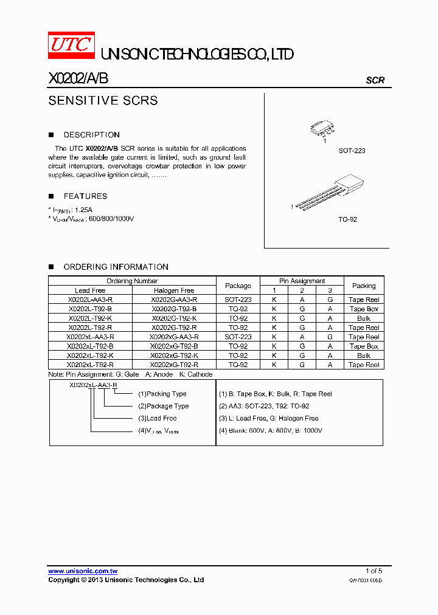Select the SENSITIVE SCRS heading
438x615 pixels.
click(103, 101)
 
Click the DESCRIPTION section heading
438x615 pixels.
click(91, 135)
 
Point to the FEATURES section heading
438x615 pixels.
click(85, 196)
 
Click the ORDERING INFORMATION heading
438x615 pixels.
click(116, 267)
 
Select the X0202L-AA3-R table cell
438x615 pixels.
click(90, 300)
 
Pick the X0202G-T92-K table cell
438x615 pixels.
click(174, 318)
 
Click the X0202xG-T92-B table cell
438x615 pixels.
click(174, 346)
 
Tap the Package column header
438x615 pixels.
click(238, 286)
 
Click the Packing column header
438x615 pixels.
click(364, 286)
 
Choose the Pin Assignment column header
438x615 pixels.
click(302, 281)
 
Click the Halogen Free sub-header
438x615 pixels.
click(174, 290)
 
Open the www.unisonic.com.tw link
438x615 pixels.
click(83, 571)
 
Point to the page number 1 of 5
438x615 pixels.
click(374, 571)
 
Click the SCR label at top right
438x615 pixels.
click(375, 80)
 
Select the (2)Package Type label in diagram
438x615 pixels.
click(163, 406)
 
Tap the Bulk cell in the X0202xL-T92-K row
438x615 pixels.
click(364, 356)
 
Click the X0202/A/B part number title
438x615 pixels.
click(78, 79)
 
